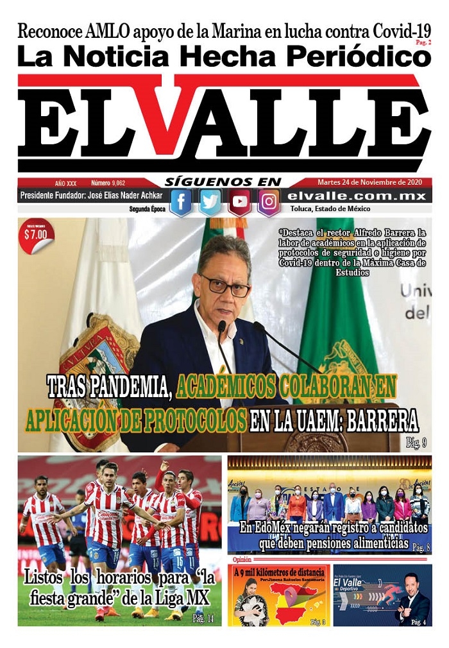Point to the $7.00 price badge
pos(36,234)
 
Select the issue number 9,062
pos(113,183)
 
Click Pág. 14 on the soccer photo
pos(203,618)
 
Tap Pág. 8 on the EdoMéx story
pos(420,547)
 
